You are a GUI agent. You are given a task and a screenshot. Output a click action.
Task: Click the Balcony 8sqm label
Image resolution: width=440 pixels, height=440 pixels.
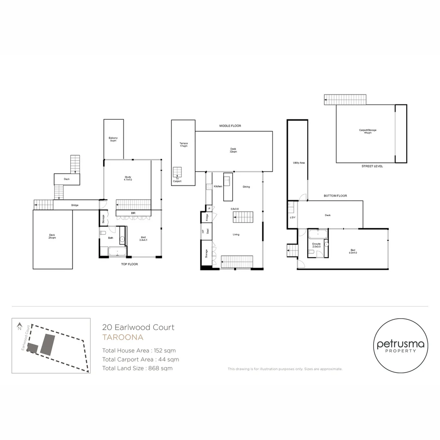113,139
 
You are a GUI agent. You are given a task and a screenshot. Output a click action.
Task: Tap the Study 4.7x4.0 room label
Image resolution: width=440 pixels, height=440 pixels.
128,178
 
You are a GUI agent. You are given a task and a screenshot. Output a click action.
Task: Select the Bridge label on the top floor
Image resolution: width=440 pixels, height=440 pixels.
75,205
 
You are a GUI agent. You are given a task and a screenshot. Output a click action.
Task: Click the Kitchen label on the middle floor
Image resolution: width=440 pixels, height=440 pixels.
218,186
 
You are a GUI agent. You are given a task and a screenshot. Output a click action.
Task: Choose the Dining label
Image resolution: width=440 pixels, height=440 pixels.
246,187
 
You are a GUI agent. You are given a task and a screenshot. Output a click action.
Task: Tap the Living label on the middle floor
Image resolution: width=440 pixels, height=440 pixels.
236,234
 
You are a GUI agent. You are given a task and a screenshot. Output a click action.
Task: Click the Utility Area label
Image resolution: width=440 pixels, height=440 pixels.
299,163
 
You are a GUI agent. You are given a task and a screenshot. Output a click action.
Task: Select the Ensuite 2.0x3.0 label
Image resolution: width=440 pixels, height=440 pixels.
316,245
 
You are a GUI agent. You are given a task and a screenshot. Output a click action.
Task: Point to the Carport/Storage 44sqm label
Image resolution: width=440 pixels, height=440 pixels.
367,131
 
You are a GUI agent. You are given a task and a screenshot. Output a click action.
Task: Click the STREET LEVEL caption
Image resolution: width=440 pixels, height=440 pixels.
372,166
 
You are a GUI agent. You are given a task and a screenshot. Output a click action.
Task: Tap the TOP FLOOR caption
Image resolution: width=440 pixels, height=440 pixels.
130,264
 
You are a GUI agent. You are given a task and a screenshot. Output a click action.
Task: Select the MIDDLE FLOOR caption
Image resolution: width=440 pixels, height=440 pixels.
230,126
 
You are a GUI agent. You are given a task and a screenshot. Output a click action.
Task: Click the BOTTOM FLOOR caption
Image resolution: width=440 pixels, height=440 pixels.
335,196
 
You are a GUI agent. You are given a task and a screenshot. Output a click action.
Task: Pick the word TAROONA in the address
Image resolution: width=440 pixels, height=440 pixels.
123,337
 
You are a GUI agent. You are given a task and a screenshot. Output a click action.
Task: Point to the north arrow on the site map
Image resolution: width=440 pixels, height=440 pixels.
19,326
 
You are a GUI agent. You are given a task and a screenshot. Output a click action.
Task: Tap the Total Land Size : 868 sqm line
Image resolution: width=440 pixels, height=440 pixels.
137,368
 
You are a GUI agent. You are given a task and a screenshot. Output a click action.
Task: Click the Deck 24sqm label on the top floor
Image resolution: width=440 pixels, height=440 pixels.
52,236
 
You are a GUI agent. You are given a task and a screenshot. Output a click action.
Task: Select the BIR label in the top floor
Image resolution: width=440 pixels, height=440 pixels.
133,213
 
